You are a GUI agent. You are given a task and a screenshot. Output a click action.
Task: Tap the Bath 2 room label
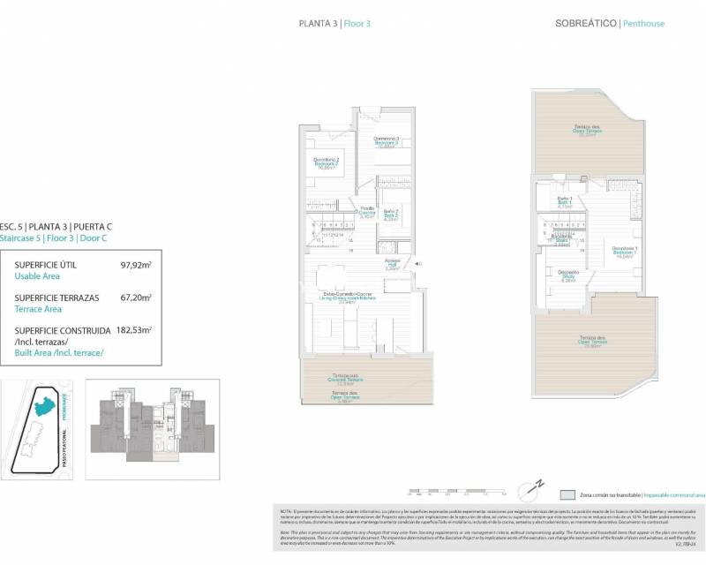click(390, 215)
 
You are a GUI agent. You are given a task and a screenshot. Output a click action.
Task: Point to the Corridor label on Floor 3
click(367, 212)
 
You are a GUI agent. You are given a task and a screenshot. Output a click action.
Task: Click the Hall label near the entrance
click(393, 266)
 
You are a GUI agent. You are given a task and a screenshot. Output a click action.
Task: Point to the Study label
click(569, 276)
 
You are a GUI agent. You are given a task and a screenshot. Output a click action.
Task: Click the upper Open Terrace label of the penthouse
click(587, 132)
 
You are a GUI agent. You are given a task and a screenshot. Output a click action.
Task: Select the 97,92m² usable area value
click(135, 264)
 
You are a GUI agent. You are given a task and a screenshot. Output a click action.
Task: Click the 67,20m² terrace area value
click(135, 298)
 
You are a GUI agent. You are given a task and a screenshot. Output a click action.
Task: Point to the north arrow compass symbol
click(533, 487)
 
